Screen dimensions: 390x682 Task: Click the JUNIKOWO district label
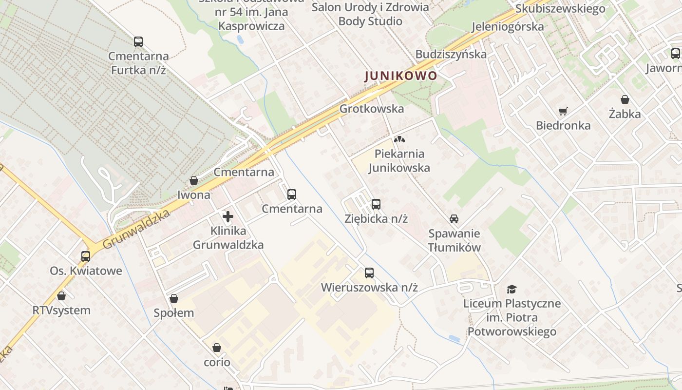(x=401, y=76)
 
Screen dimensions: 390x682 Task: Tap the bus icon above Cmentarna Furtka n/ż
(x=138, y=42)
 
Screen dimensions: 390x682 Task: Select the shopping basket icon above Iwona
(x=194, y=181)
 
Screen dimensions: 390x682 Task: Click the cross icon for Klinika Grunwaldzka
(x=228, y=216)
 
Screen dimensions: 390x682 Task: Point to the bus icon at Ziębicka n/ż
(x=376, y=204)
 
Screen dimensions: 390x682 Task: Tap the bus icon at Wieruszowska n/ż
(x=369, y=273)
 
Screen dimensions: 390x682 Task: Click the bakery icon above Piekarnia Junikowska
(x=399, y=139)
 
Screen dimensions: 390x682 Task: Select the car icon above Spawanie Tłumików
(x=454, y=219)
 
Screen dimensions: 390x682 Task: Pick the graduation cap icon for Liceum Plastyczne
(x=511, y=289)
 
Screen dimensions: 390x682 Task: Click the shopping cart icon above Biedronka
(x=563, y=111)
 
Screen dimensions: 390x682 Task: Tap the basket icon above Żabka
(x=625, y=100)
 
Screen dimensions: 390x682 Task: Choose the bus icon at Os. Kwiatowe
(x=86, y=256)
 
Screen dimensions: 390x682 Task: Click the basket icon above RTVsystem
(x=61, y=296)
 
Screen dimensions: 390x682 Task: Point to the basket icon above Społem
(x=174, y=298)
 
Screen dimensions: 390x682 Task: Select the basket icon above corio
(x=217, y=348)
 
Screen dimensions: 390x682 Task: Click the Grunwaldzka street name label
(x=137, y=229)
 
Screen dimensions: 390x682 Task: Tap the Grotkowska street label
(x=372, y=109)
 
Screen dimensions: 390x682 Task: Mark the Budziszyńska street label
(x=451, y=54)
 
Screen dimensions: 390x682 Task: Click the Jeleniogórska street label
(x=508, y=26)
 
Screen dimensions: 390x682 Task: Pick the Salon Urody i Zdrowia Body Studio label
(x=370, y=14)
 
